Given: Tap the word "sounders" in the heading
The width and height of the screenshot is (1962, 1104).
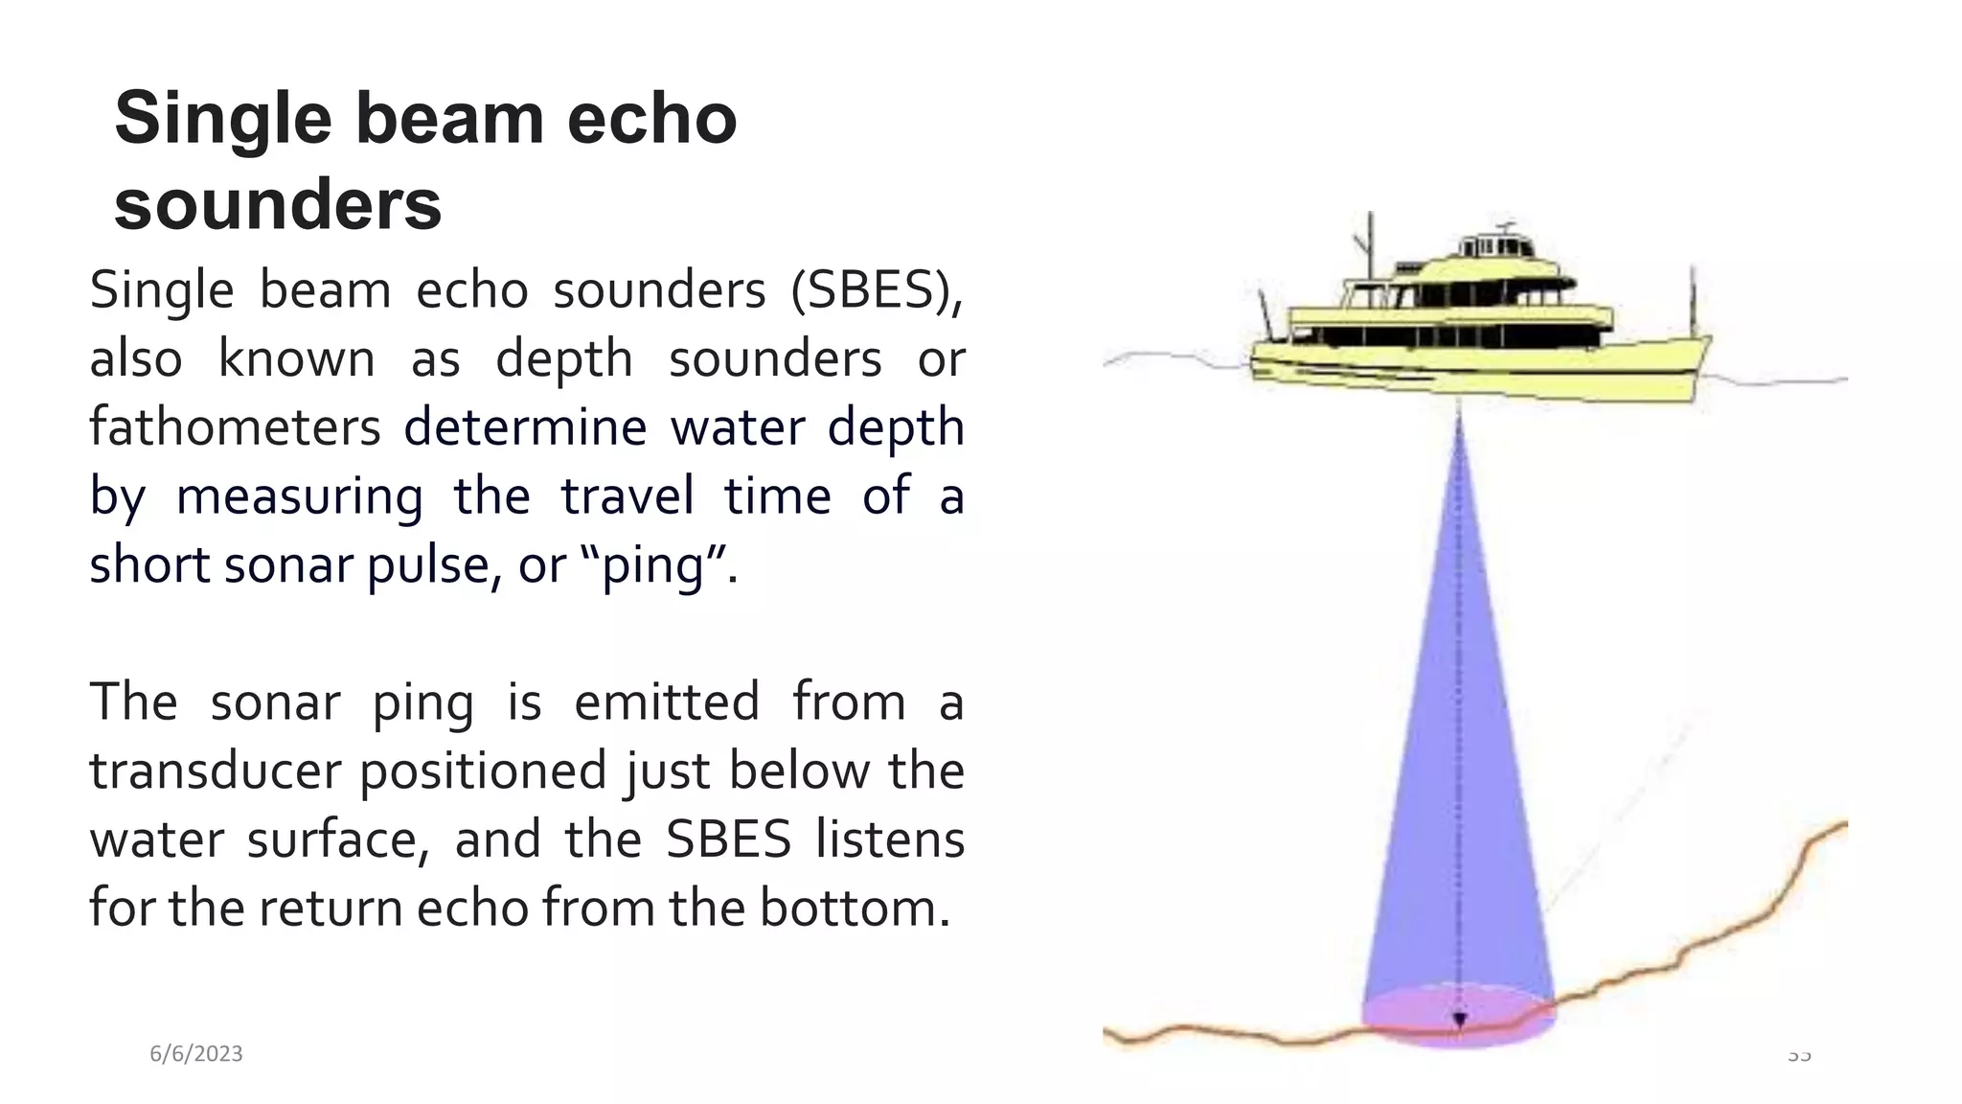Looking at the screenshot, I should (x=278, y=205).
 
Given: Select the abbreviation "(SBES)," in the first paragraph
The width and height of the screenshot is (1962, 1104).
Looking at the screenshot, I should (x=876, y=290).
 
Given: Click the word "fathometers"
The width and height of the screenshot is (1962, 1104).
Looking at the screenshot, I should (x=235, y=427).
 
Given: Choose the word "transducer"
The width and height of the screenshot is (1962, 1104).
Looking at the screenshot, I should (x=216, y=771).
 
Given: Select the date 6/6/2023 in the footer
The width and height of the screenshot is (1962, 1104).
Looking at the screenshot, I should (x=196, y=1054).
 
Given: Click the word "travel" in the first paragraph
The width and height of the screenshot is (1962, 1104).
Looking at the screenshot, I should (x=627, y=496).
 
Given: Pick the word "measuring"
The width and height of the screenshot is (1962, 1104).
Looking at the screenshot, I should (x=299, y=496).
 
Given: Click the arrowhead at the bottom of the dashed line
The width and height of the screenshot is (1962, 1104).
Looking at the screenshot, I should (x=1459, y=1021).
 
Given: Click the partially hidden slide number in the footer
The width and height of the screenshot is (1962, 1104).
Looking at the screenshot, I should (x=1799, y=1056).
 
